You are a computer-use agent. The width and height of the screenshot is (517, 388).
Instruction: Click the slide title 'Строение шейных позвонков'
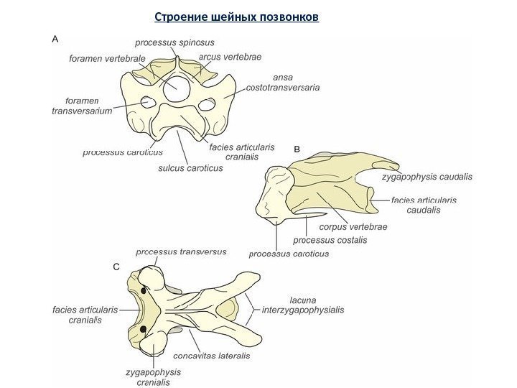tap(237, 16)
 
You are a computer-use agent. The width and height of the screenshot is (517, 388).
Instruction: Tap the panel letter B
tap(299, 148)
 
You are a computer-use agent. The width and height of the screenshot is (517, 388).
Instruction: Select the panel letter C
tap(116, 267)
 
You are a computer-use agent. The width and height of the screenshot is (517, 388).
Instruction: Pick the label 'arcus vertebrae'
tap(230, 56)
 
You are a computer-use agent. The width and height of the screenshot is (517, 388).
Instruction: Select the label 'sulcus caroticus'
tap(190, 168)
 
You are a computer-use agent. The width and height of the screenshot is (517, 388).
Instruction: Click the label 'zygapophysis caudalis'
tap(427, 176)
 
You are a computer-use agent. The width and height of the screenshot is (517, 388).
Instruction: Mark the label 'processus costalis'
tap(330, 240)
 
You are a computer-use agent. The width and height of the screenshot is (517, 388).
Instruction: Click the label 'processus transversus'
tap(181, 252)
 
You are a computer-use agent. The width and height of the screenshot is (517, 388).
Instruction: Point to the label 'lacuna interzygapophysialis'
tap(303, 305)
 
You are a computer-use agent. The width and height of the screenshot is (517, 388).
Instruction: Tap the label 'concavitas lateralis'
tap(212, 356)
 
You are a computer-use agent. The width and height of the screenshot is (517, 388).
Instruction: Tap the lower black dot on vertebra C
tap(144, 330)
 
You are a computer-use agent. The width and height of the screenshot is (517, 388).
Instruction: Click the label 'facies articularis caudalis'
tap(424, 205)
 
